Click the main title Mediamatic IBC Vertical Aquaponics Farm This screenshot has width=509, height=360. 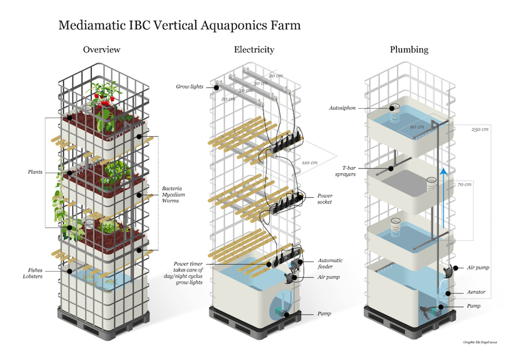point(179,26)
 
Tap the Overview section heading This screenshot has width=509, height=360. point(102,50)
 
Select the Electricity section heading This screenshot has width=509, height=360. point(254,50)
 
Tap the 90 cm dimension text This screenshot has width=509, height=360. point(418,127)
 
